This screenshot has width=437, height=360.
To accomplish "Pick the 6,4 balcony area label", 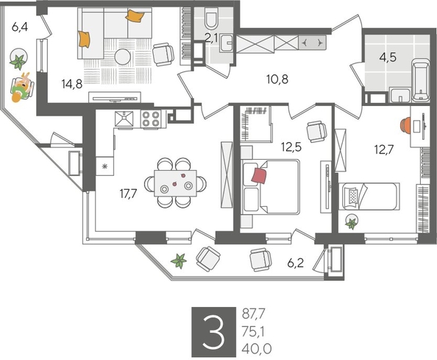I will pyautogui.click(x=20, y=29).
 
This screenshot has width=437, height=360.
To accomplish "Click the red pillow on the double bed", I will pyautogui.click(x=259, y=175).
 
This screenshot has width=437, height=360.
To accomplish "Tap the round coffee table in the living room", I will pyautogui.click(x=124, y=57).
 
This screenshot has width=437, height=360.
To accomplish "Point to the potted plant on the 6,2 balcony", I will pyautogui.click(x=177, y=259).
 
